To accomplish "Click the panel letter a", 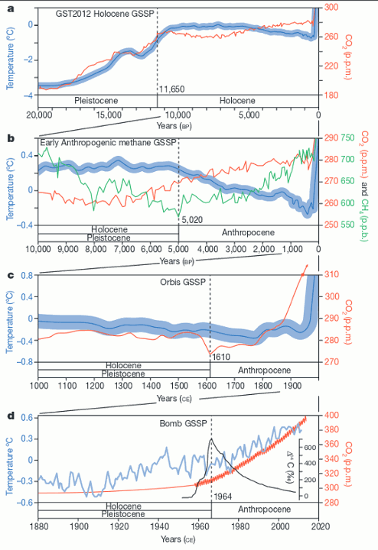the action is click(x=11, y=8).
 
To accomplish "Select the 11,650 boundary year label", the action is click(x=172, y=89).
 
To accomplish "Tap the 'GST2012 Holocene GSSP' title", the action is click(x=105, y=14).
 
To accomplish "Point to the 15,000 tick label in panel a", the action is click(x=109, y=115).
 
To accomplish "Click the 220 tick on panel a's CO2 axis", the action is click(x=331, y=66).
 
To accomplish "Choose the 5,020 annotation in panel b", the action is click(x=192, y=220).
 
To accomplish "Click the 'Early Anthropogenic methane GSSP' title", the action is click(x=108, y=143).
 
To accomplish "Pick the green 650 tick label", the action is click(x=347, y=181).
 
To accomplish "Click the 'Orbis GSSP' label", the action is click(x=183, y=282).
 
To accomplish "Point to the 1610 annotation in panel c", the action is click(x=221, y=357).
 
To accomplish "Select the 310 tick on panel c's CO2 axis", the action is click(x=331, y=274).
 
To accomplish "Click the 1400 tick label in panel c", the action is click(x=151, y=386).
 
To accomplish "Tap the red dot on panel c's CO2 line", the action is click(x=302, y=275).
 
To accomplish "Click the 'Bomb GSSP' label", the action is click(x=183, y=423).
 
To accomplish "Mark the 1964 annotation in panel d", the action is click(x=223, y=497).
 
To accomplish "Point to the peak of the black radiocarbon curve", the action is click(x=211, y=438).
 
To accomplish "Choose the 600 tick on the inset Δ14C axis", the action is click(x=310, y=448).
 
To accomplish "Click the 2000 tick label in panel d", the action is click(x=280, y=526).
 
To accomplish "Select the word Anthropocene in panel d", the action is click(x=264, y=510).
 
